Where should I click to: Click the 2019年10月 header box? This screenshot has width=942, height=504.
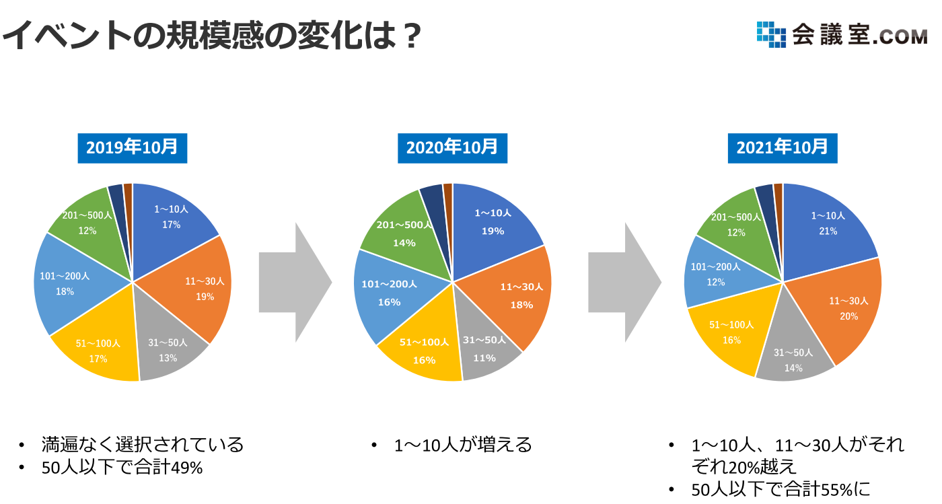[133, 148]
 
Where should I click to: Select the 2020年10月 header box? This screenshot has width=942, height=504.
[452, 148]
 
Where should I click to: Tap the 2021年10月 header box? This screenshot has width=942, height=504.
[783, 148]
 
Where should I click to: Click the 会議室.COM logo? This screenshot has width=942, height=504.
[842, 34]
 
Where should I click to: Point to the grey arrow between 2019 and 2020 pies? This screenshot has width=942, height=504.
[295, 283]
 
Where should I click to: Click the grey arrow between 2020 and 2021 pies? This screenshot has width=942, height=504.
[625, 283]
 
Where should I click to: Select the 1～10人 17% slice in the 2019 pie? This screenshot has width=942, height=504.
[170, 223]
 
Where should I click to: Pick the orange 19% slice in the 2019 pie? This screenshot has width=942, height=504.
[198, 290]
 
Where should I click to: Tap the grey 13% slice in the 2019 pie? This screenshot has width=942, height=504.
[168, 345]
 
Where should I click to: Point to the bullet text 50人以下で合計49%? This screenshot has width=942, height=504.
[122, 468]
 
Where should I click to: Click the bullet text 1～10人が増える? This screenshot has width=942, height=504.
[463, 445]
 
